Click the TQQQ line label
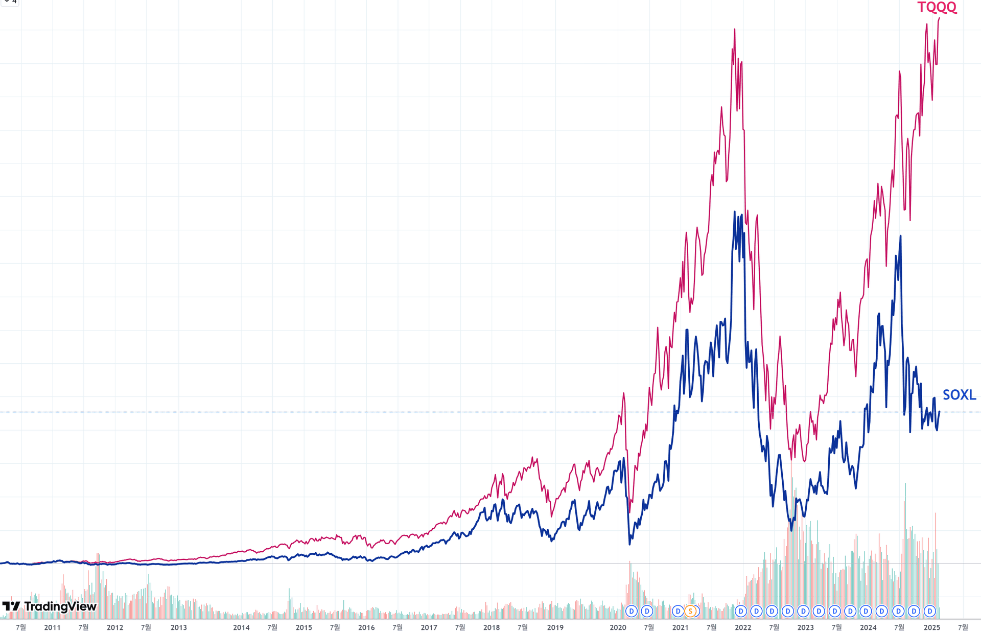937,8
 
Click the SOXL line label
959,395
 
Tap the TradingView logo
50,606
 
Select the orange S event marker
690,611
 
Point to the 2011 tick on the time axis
52,627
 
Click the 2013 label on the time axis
178,627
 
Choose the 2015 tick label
303,627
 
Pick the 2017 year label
429,627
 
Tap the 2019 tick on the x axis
555,627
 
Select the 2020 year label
618,627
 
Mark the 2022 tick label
743,627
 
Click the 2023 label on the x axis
805,627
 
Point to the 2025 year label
931,627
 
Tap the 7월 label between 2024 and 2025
899,627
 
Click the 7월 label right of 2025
963,627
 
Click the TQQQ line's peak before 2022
735,29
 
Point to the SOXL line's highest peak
735,212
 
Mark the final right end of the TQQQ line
939,19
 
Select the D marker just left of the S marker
678,611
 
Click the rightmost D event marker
930,611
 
